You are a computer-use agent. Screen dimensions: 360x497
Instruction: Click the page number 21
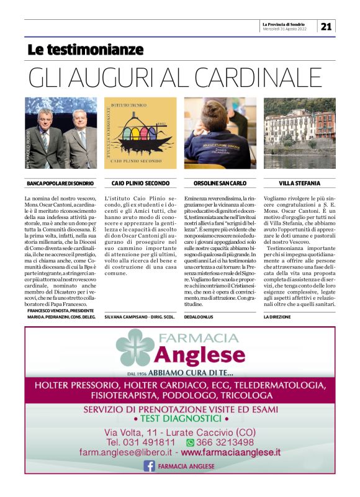tap(326, 26)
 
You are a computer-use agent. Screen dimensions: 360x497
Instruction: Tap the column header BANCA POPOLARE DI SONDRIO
tap(61, 184)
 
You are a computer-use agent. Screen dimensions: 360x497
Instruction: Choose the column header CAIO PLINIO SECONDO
tap(140, 184)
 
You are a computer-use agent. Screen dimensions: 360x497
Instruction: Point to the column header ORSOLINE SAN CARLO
tap(220, 184)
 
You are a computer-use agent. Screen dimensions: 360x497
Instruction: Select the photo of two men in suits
tap(61, 133)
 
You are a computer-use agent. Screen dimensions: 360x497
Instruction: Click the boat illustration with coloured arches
tap(140, 133)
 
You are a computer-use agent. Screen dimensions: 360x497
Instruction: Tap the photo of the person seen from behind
tap(220, 133)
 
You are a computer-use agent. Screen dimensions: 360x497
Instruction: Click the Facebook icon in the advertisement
tap(150, 465)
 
